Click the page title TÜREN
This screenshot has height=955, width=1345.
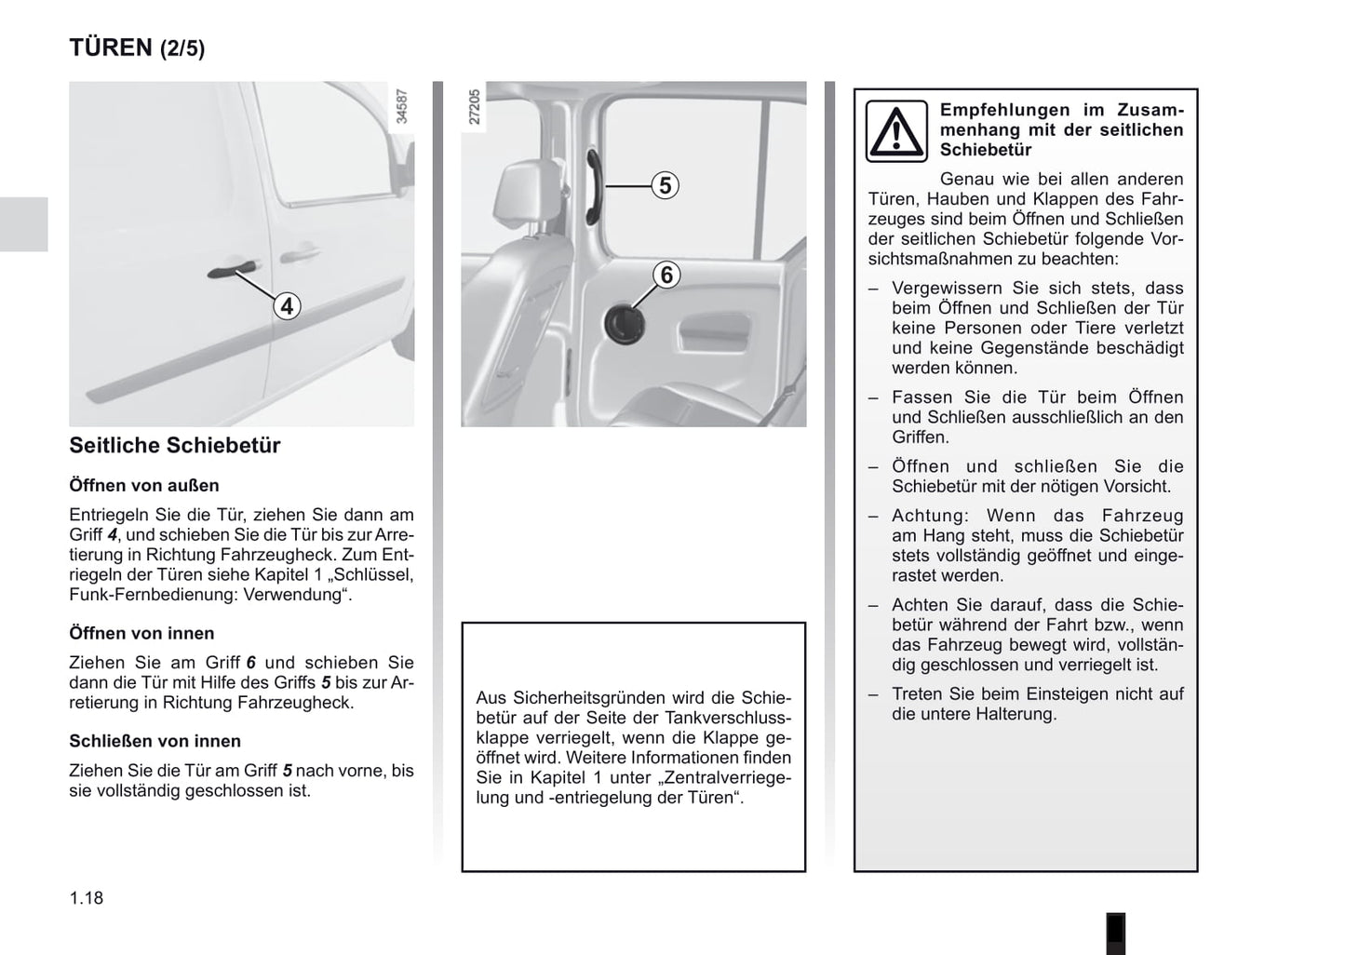point(110,47)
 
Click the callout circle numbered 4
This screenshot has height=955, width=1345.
point(287,305)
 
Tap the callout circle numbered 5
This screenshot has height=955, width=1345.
point(665,185)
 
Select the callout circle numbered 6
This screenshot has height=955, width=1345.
point(666,276)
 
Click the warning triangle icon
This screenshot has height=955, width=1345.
point(896,131)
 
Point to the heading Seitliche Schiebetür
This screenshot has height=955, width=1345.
point(174,445)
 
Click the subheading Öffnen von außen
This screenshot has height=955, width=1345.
point(144,485)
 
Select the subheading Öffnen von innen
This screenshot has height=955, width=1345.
point(141,633)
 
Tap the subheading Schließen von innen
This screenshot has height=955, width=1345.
point(155,741)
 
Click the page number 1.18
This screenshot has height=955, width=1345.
point(87,898)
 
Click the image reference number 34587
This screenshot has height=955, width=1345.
point(402,106)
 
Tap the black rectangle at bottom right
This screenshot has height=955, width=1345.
point(1115,933)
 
